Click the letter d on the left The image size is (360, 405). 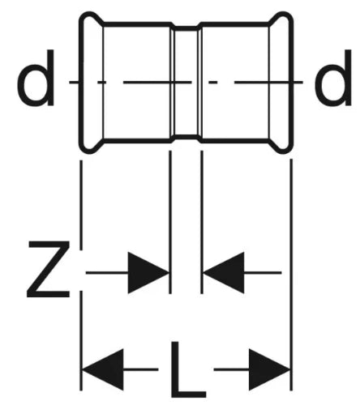coord(36,78)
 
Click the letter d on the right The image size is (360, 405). coord(333,78)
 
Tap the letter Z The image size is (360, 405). coord(49,269)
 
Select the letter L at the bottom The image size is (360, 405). coord(188,370)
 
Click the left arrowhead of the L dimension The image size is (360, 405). coord(103,369)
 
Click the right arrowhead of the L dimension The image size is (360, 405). coord(269,369)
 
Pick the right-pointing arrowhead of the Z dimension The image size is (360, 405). coord(148,273)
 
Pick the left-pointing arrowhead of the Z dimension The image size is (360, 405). coord(224,273)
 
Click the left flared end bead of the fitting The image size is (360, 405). coord(92,82)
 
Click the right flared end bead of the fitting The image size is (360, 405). coord(281,82)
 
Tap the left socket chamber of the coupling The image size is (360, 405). coord(137,82)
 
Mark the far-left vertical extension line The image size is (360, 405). coord(81,275)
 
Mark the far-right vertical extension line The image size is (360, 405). coord(291,275)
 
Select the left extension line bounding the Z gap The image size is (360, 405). coord(170,222)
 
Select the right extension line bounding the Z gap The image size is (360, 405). coord(202,222)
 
